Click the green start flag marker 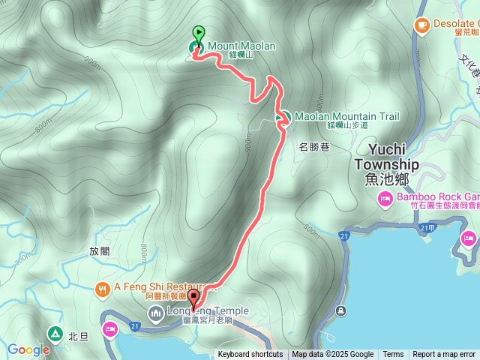point(198,34)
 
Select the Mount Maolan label point(241,46)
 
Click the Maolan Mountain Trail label point(346,117)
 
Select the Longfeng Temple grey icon point(156,312)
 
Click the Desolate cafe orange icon point(421,25)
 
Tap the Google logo point(28,349)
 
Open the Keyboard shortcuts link point(250,355)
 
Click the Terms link point(393,355)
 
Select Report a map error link point(444,355)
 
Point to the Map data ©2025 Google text point(333,355)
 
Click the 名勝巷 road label point(314,147)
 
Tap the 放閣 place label point(99,252)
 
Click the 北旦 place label point(78,336)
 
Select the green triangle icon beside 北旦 point(55,334)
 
